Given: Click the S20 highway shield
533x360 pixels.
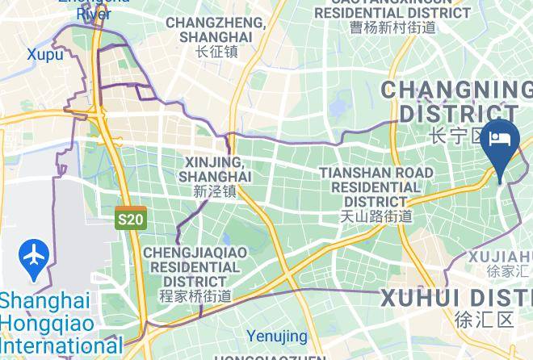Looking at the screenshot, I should point(130,219).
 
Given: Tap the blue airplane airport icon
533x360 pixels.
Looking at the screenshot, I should point(34,257).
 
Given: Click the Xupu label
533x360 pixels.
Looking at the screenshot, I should point(44,54).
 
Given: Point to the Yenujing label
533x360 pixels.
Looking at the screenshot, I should point(277,336).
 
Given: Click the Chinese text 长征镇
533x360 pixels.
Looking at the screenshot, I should point(216,52).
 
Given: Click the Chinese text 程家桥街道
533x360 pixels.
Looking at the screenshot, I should point(195,296).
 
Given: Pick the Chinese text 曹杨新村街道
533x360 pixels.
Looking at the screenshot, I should point(392,27).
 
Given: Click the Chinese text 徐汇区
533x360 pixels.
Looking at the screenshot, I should point(484,319).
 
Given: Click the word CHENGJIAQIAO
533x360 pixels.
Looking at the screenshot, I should point(195,253).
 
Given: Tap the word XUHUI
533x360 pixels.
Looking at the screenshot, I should point(419,297).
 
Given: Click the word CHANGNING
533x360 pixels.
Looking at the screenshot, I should point(456,89).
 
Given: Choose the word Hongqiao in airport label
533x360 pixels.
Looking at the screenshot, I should point(36,324).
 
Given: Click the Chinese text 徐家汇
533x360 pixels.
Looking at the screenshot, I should point(509,272).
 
